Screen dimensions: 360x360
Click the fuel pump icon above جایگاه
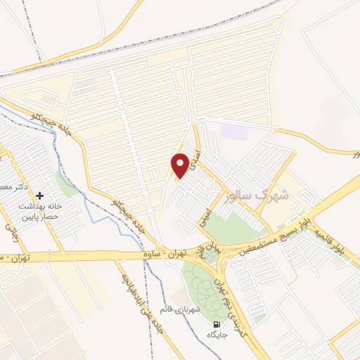point(215,324)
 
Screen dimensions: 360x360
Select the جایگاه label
point(216,336)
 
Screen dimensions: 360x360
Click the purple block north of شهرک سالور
point(230,131)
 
